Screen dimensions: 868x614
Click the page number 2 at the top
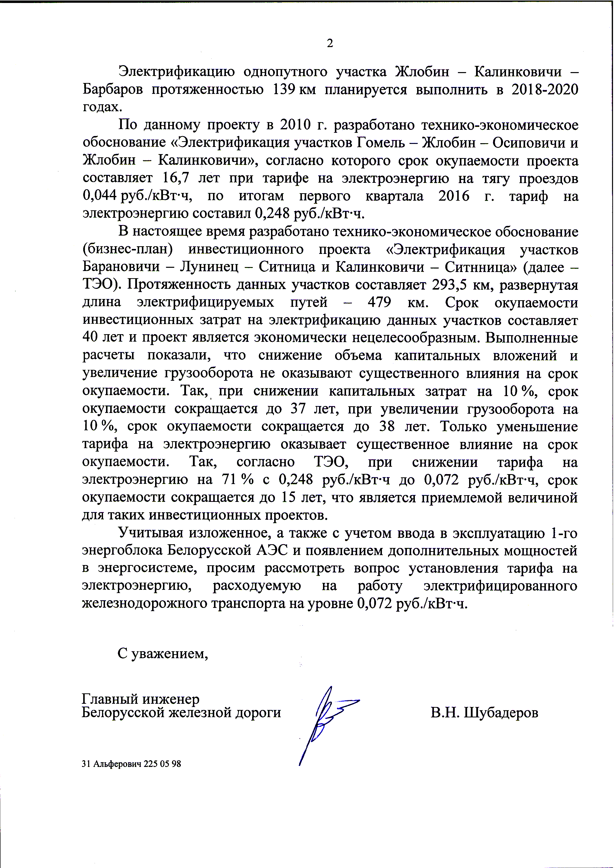[330, 44]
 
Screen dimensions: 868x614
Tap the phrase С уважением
[163, 653]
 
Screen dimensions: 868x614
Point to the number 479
[381, 302]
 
